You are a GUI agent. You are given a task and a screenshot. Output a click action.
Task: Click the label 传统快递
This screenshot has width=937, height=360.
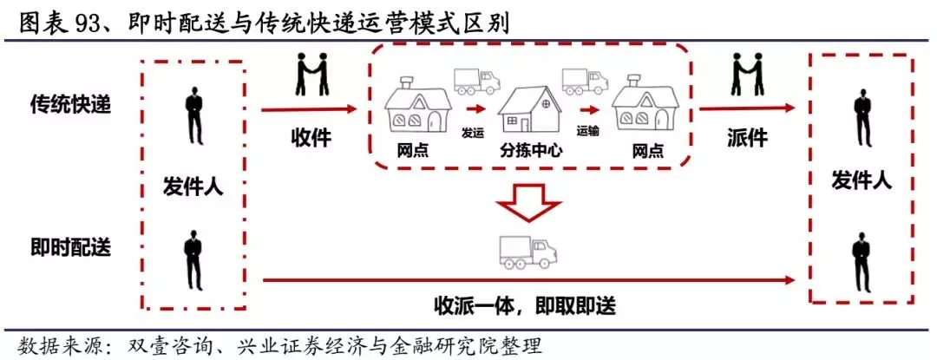64,103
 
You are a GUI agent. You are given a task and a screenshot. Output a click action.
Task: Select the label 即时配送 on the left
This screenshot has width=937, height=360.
64,246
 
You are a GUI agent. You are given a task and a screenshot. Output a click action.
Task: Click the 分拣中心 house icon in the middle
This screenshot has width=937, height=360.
531,109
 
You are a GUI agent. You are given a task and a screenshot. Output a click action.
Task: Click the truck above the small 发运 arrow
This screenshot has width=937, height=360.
477,82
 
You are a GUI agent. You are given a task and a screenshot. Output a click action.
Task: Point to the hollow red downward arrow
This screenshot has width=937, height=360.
526,200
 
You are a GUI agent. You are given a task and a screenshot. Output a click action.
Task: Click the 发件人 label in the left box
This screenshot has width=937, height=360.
193,186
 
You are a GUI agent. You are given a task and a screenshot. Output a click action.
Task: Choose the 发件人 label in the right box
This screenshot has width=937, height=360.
861,180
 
